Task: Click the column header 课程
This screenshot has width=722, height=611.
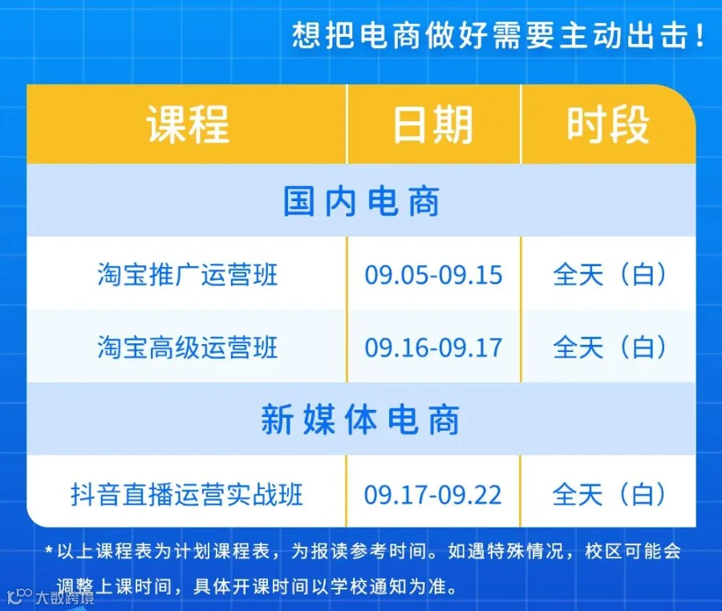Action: [x=188, y=124]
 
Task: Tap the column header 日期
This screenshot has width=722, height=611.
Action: [x=433, y=124]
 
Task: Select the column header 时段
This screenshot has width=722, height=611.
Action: [x=608, y=124]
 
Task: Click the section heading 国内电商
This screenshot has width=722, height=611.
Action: [x=362, y=201]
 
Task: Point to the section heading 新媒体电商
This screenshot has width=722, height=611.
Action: [x=360, y=419]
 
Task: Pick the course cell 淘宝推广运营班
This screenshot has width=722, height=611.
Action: [x=188, y=275]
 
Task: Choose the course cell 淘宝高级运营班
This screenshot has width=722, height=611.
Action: [x=188, y=347]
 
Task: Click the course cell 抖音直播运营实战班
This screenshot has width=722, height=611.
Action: [x=186, y=495]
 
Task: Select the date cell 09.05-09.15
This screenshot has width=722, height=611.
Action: [x=433, y=275]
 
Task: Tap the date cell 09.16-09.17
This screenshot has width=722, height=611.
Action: [x=433, y=347]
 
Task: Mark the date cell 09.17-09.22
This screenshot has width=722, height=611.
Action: [x=433, y=495]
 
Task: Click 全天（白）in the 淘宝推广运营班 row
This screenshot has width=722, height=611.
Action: [x=610, y=275]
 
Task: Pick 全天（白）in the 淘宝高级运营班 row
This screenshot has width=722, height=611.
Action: [x=610, y=347]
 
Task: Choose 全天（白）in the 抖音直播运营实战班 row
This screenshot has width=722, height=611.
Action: [x=609, y=495]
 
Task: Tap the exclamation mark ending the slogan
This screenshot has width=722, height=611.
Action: [x=700, y=35]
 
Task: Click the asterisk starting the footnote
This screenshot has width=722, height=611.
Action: [x=49, y=549]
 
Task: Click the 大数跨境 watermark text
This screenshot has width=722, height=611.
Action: [x=65, y=597]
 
